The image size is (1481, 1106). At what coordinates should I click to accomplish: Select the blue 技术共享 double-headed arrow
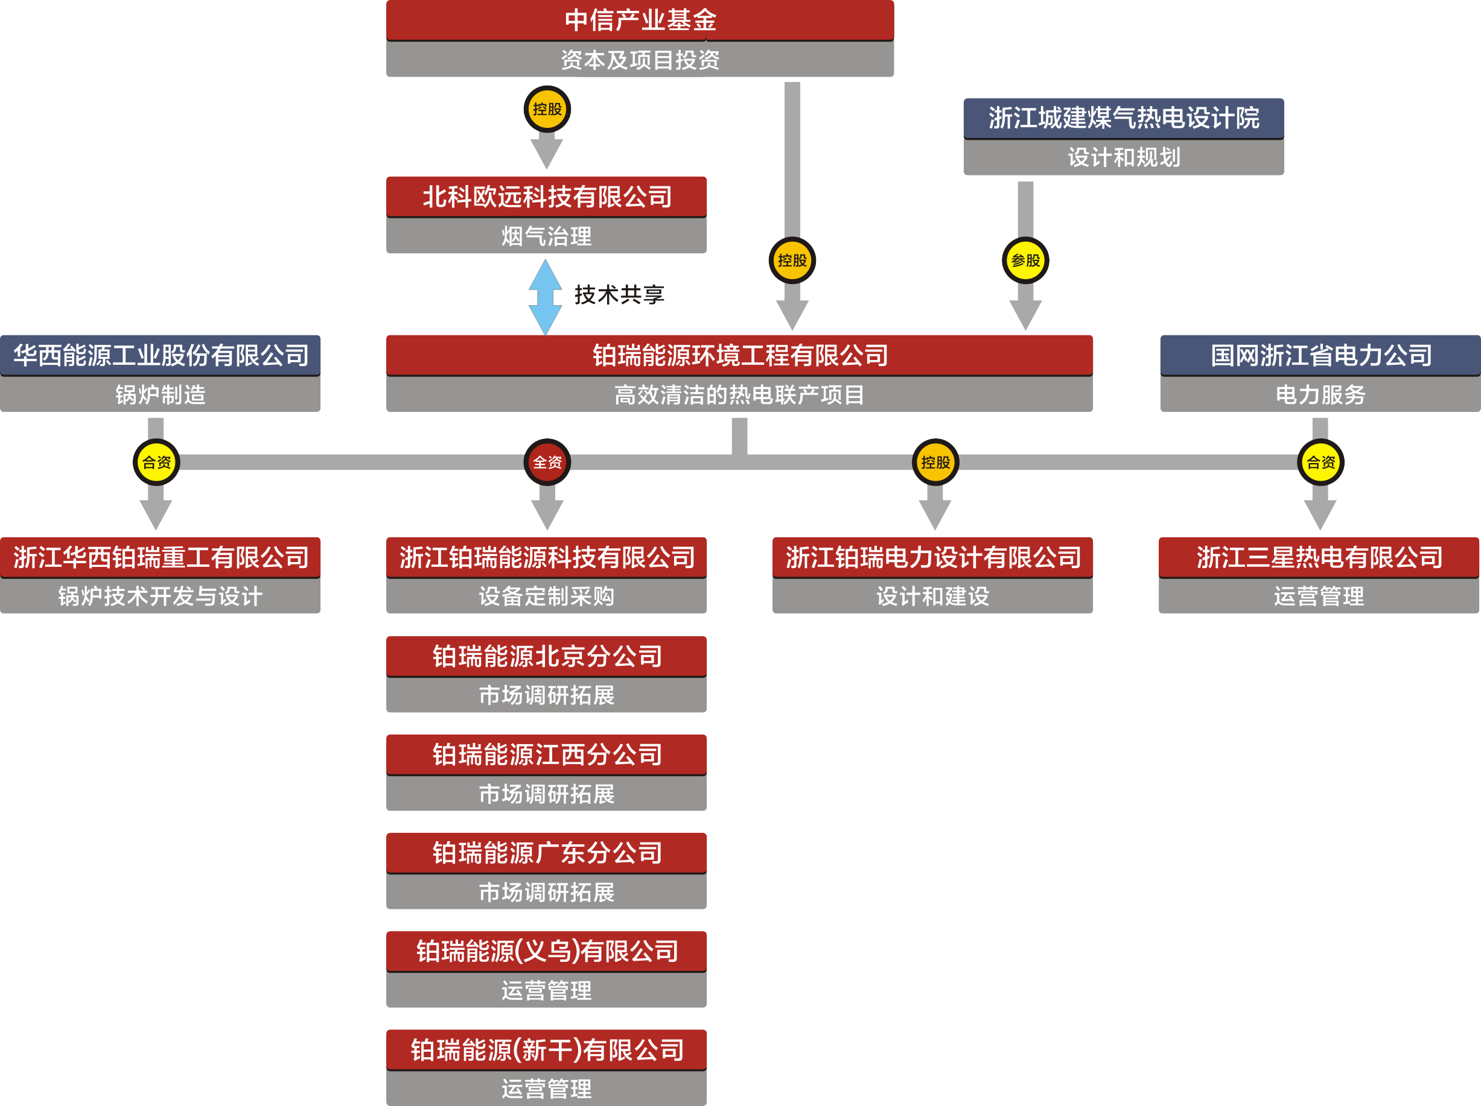pyautogui.click(x=545, y=297)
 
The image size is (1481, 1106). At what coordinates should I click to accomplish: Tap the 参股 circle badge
pyautogui.click(x=1025, y=261)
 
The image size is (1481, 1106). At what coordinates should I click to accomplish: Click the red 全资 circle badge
pyautogui.click(x=547, y=462)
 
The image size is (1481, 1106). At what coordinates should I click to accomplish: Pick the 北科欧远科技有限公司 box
pyautogui.click(x=546, y=197)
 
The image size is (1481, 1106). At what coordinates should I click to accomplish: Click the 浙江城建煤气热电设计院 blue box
pyautogui.click(x=1124, y=118)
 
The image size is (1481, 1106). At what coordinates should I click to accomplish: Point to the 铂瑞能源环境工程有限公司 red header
pyautogui.click(x=739, y=355)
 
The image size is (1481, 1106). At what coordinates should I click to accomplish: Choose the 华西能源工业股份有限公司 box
pyautogui.click(x=160, y=355)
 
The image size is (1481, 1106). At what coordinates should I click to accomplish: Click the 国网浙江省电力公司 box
pyautogui.click(x=1320, y=355)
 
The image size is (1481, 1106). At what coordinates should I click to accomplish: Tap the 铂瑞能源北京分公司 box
pyautogui.click(x=546, y=656)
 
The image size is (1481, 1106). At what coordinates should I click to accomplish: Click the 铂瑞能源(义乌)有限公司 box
pyautogui.click(x=546, y=951)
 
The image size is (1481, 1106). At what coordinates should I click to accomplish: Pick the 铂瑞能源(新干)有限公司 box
pyautogui.click(x=546, y=1050)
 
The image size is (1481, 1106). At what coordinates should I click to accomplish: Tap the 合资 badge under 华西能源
pyautogui.click(x=156, y=462)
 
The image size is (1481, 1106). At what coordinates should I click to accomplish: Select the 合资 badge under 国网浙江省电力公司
pyautogui.click(x=1320, y=462)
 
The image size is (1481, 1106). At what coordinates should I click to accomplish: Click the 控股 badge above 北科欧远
pyautogui.click(x=547, y=109)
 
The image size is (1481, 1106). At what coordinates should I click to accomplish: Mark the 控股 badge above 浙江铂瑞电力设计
pyautogui.click(x=935, y=462)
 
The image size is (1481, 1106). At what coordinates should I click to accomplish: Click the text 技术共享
pyautogui.click(x=619, y=294)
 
